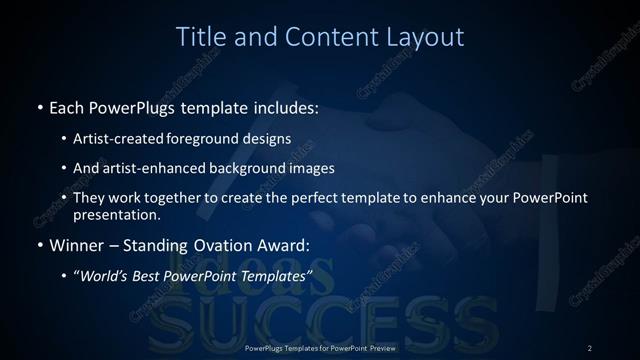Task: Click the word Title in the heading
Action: pos(200,37)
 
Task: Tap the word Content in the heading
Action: pos(323,37)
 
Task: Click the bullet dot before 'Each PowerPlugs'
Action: pos(39,107)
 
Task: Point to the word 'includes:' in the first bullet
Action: pos(285,107)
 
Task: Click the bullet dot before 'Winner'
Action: pos(39,245)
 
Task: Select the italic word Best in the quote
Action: pos(152,275)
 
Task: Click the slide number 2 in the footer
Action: pos(589,347)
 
